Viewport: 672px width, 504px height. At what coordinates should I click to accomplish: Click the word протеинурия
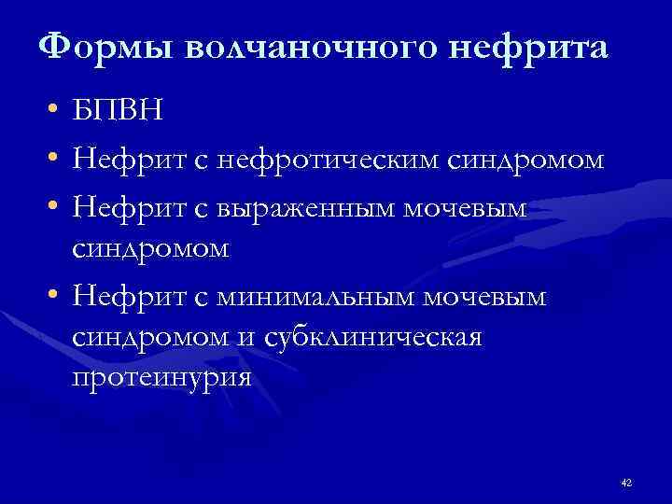click(x=161, y=379)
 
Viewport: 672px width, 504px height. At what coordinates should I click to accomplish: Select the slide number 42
click(x=625, y=482)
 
